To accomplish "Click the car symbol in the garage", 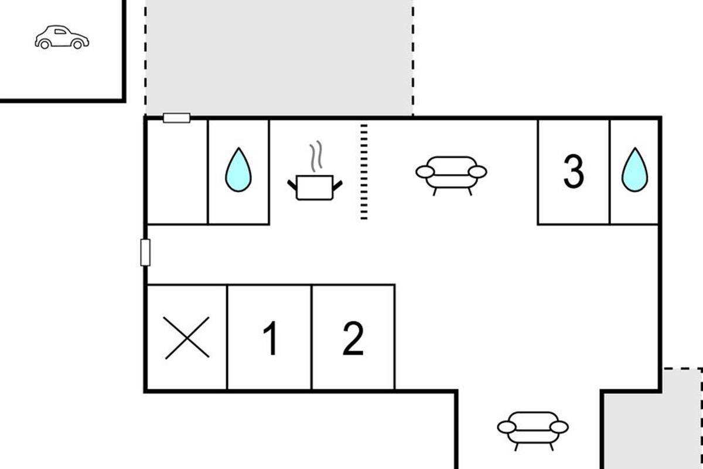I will tap(62, 37).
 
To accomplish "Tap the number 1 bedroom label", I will tap(270, 339).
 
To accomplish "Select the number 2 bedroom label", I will tap(353, 339).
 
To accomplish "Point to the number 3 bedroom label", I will tap(574, 172).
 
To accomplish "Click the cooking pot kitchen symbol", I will tap(315, 187).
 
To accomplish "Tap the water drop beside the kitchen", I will tap(238, 171).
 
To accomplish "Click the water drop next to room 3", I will tap(634, 171).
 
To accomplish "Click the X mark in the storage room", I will tap(187, 338).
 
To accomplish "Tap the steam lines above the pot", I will tap(316, 156).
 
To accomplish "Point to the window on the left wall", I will tap(145, 252).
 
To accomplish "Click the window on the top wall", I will tap(176, 118).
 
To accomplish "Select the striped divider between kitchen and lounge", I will tap(364, 172).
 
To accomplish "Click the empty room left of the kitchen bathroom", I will tap(177, 172).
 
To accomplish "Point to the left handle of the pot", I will tap(292, 185).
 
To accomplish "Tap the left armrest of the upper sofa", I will tap(425, 172).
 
